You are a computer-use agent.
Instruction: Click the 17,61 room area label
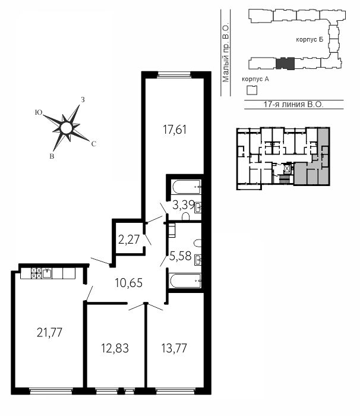click(x=175, y=130)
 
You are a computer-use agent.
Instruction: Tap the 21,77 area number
click(x=50, y=332)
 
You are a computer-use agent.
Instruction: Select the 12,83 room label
click(x=115, y=348)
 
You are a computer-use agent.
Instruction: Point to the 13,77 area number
click(x=174, y=348)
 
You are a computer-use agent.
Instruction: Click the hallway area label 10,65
click(x=129, y=283)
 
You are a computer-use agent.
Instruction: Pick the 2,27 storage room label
click(x=129, y=239)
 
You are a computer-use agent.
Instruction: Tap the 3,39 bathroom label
click(x=183, y=205)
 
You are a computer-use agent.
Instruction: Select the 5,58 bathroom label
click(x=181, y=256)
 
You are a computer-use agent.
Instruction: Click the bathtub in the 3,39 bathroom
click(x=187, y=187)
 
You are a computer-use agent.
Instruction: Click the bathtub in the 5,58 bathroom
click(x=185, y=281)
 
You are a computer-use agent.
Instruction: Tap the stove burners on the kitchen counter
click(x=36, y=273)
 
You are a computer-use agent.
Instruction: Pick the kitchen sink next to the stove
click(x=47, y=273)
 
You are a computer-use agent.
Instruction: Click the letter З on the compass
click(x=83, y=100)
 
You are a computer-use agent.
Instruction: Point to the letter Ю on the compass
click(x=39, y=112)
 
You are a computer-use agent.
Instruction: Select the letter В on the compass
click(x=52, y=156)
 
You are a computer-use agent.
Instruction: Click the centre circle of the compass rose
click(x=66, y=128)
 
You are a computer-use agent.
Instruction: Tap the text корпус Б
click(x=310, y=40)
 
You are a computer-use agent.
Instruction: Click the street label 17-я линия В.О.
click(x=293, y=104)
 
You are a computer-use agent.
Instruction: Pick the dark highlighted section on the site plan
click(x=285, y=64)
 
